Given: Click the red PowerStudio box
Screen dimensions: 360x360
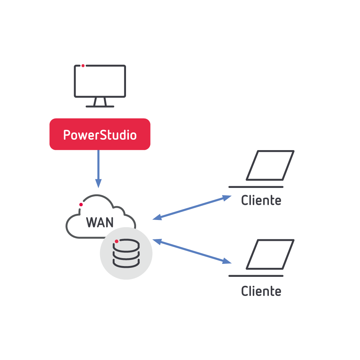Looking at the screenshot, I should pos(100,134).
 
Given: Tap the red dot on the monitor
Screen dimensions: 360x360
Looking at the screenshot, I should pos(83,66).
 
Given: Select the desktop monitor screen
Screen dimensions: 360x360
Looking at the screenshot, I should pos(100,81).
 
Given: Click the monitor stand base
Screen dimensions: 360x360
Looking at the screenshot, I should pos(100,106).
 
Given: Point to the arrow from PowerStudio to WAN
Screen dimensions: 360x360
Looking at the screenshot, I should pos(98,166).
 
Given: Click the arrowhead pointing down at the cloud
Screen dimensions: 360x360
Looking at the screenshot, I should pos(98,184).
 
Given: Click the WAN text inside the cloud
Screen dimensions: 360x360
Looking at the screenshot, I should pos(100,222).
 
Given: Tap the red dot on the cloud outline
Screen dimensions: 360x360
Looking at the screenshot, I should pos(81,204).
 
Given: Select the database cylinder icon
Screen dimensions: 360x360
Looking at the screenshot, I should pos(126,254).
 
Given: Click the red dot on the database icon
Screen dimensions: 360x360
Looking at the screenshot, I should pos(117,241).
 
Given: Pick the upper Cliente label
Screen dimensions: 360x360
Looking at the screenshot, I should pos(261,201).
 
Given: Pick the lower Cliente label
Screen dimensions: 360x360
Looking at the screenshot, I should pos(261,291).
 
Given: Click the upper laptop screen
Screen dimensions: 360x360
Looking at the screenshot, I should pos(270,165).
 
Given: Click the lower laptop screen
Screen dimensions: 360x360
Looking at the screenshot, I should pos(270,254).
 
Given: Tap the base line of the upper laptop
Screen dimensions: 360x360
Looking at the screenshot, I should pos(256,187).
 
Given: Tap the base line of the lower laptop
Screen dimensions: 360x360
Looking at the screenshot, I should pos(256,276).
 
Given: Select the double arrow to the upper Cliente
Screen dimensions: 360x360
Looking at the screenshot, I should pos(192,208).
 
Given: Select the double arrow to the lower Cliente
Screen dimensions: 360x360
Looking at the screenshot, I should pos(192,251).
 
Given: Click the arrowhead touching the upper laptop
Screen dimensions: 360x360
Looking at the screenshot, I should pos(227,198).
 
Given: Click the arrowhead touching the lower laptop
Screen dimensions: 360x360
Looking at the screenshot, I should pos(227,261).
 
